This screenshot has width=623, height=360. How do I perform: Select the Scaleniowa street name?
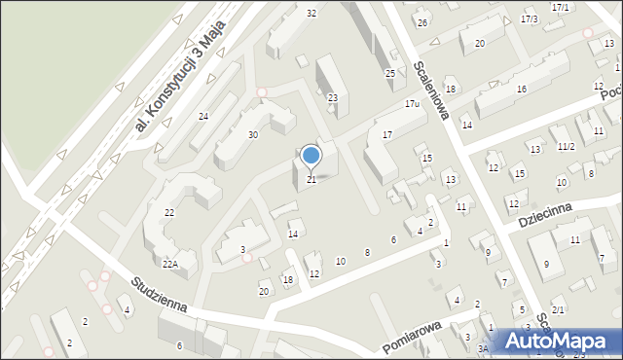click(x=429, y=86)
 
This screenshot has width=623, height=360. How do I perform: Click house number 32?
click(x=311, y=13)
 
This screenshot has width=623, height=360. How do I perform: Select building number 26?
click(x=422, y=22)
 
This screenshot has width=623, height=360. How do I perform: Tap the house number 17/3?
click(x=530, y=19)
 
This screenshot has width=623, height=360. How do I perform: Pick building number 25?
click(x=389, y=74)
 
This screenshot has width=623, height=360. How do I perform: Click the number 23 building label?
click(x=333, y=97)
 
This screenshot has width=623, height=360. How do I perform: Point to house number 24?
click(x=203, y=117)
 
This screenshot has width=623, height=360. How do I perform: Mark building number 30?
click(x=252, y=134)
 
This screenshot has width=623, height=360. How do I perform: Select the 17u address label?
click(x=412, y=103)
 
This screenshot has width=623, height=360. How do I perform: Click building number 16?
click(x=522, y=90)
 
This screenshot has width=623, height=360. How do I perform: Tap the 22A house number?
click(x=169, y=264)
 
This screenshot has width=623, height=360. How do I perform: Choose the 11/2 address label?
click(x=566, y=147)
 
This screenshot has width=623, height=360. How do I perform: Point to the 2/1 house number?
click(x=558, y=309)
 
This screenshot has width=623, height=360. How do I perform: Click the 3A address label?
click(x=483, y=348)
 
